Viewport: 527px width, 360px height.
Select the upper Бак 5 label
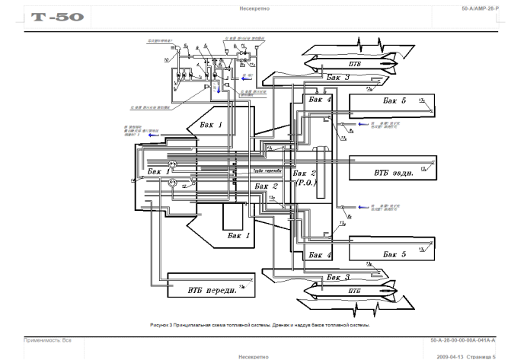(394, 100)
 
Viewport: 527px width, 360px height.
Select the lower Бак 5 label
(396, 253)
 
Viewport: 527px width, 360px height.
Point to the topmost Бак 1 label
(211, 123)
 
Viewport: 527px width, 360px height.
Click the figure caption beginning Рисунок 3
(259, 324)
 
